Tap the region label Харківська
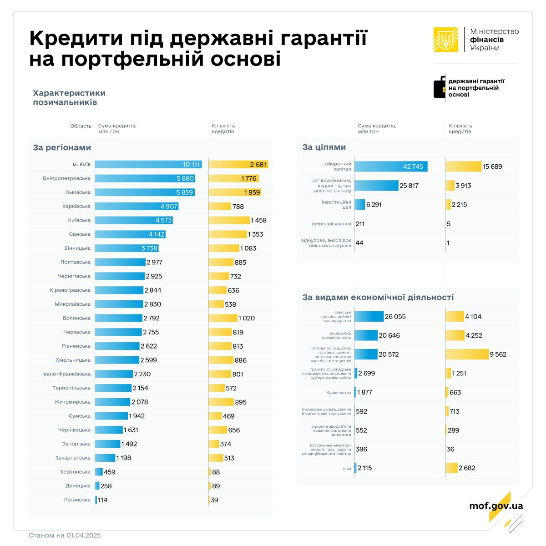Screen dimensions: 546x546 click(76, 206)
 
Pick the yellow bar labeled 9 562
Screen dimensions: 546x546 click(467, 354)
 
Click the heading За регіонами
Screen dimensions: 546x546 click(62, 147)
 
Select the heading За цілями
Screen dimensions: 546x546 click(324, 147)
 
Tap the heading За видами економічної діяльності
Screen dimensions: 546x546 click(378, 297)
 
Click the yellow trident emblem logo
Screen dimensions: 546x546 click(445, 39)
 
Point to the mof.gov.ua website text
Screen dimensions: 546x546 click(496, 506)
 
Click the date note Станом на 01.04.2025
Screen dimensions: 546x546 click(65, 535)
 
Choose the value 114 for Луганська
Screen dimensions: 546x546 click(103, 500)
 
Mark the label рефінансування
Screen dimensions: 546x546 click(332, 224)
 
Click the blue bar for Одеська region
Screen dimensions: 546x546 click(130, 234)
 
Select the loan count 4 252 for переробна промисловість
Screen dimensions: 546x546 click(474, 335)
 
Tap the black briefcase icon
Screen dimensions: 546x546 click(439, 86)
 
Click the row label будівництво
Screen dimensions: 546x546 click(339, 392)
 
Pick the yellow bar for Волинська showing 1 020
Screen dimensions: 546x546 click(223, 318)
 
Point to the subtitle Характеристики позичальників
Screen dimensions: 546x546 click(69, 97)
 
